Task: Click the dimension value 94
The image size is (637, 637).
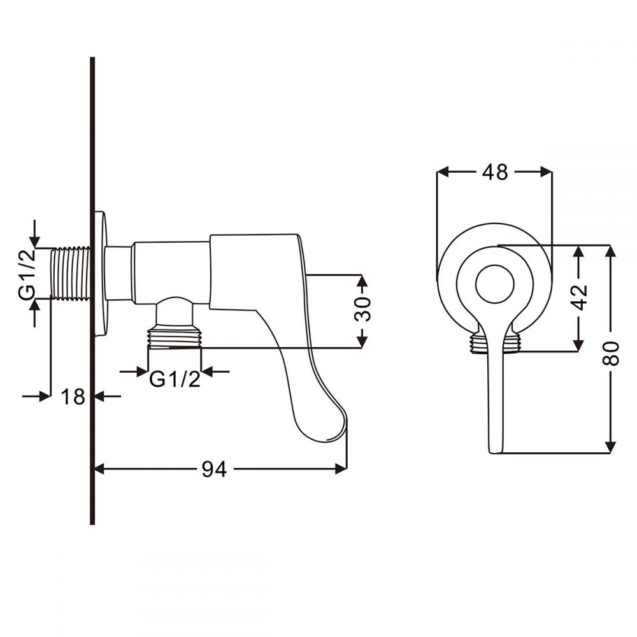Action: [214, 469]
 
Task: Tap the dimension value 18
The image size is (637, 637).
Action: [73, 397]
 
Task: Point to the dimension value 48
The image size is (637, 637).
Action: [494, 171]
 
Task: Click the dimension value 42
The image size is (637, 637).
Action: [579, 296]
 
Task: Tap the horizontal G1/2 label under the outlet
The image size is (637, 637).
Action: [175, 379]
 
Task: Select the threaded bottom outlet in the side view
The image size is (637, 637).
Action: [175, 338]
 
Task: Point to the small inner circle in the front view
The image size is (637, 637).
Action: [494, 283]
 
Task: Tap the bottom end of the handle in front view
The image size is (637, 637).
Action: [495, 448]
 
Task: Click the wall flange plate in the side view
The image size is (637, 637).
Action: [100, 273]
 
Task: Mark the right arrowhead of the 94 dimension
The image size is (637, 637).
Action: [342, 469]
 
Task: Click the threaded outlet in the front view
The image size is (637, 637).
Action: [494, 343]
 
